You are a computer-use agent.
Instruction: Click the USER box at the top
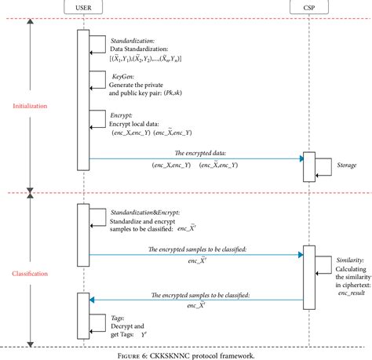pyautogui.click(x=82, y=9)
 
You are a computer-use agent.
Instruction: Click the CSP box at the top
pyautogui.click(x=306, y=9)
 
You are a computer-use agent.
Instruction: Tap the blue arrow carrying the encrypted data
pyautogui.click(x=196, y=159)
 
